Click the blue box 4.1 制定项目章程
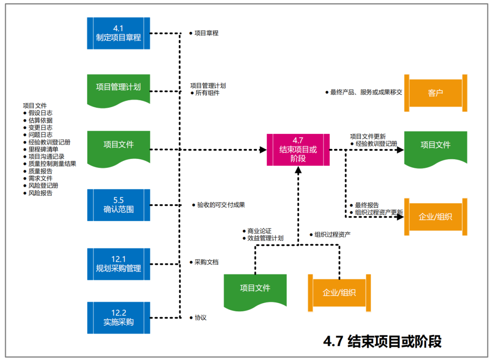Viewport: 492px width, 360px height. click(118, 33)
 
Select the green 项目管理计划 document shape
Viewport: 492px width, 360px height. click(118, 87)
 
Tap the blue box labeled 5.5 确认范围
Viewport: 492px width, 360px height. click(118, 205)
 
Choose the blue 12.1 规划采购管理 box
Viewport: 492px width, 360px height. click(118, 264)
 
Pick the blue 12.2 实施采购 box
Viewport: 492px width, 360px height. click(118, 317)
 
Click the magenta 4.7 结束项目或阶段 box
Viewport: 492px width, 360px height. click(298, 150)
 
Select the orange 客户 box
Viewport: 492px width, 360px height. click(436, 93)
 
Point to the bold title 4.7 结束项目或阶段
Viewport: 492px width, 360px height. click(382, 341)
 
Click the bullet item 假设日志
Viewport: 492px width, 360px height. click(40, 113)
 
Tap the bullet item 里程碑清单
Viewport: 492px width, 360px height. click(43, 149)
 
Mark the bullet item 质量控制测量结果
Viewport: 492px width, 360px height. click(52, 164)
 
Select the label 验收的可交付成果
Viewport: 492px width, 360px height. click(221, 205)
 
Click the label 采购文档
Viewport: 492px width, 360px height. click(206, 262)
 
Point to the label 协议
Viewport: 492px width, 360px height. click(200, 317)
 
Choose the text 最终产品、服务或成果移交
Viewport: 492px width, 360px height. click(366, 92)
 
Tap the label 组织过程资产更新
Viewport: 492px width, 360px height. click(379, 213)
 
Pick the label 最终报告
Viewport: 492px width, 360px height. click(367, 205)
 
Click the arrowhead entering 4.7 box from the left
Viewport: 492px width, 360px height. click(263, 150)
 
